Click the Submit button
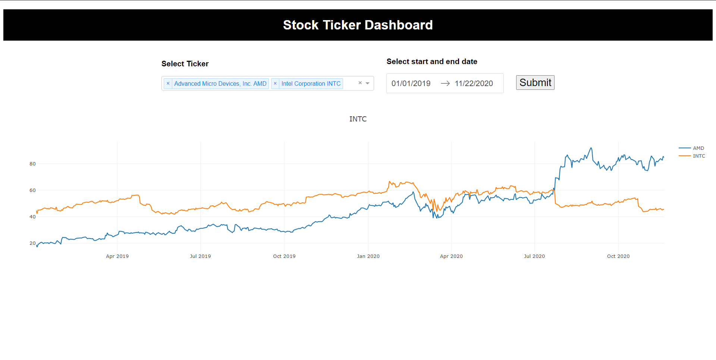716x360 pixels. [535, 83]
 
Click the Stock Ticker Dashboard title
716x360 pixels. [358, 25]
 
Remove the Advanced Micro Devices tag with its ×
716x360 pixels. [168, 83]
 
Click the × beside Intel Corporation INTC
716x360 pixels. [275, 83]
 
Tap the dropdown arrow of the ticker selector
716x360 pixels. [368, 83]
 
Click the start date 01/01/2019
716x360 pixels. [411, 83]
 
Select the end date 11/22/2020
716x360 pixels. [474, 83]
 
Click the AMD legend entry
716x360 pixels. [698, 148]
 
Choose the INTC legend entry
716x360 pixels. [699, 156]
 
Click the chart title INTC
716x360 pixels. [358, 119]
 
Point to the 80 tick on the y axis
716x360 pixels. [33, 164]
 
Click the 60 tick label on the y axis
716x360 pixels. [33, 190]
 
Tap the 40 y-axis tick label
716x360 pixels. [33, 217]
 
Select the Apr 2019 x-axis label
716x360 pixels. [117, 256]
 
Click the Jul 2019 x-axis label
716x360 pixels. [200, 256]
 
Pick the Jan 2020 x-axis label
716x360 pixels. [368, 256]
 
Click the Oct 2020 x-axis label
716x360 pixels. [618, 256]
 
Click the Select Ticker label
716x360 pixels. [185, 64]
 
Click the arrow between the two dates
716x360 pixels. [445, 83]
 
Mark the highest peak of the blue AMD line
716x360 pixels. [591, 148]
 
